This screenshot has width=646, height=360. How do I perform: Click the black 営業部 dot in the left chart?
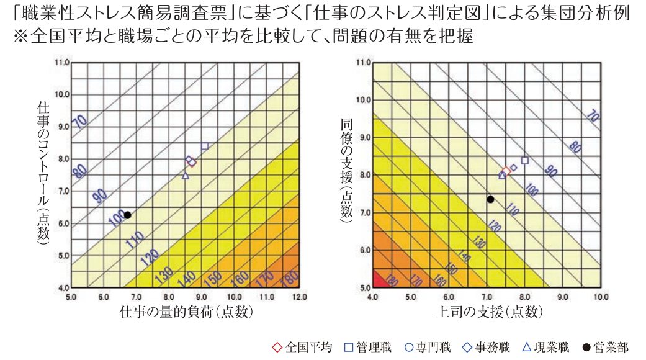click(x=127, y=215)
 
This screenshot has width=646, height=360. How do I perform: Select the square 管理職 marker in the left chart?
click(x=204, y=146)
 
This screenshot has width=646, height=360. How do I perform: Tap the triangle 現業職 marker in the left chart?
click(x=185, y=176)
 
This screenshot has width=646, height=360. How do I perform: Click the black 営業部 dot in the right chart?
click(x=490, y=199)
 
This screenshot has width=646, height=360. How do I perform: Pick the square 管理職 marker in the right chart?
click(x=524, y=160)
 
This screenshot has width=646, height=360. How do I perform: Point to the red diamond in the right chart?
click(x=506, y=171)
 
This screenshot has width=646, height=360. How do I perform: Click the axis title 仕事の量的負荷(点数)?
click(x=186, y=312)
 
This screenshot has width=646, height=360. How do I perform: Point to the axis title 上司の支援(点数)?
click(x=487, y=312)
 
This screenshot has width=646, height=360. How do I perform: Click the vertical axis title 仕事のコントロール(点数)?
click(x=43, y=174)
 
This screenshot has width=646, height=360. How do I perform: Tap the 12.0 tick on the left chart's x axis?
click(x=299, y=297)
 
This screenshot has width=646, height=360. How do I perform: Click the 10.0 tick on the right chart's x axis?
click(x=600, y=297)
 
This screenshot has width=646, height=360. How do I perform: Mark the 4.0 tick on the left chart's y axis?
click(x=63, y=288)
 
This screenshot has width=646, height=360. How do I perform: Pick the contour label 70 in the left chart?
click(x=80, y=121)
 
